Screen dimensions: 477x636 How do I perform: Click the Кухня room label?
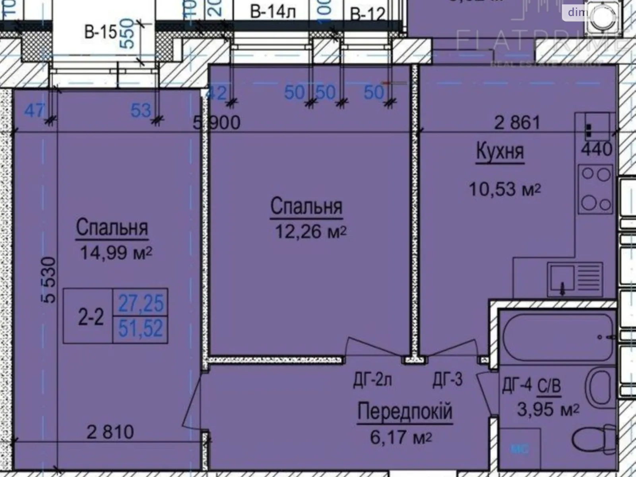click(500, 152)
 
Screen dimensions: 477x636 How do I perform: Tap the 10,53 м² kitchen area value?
click(505, 189)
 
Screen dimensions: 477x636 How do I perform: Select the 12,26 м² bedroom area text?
click(310, 231)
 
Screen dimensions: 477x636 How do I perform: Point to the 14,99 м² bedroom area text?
click(116, 252)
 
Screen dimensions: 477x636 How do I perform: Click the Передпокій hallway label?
click(405, 411)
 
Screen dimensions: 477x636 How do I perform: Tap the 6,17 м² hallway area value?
click(401, 438)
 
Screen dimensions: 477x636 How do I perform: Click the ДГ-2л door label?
click(372, 380)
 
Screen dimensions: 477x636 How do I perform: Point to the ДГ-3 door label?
click(448, 380)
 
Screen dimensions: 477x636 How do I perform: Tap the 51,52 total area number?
click(141, 329)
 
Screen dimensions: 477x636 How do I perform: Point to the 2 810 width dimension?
click(110, 432)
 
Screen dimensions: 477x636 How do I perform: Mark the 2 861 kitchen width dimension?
click(517, 122)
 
